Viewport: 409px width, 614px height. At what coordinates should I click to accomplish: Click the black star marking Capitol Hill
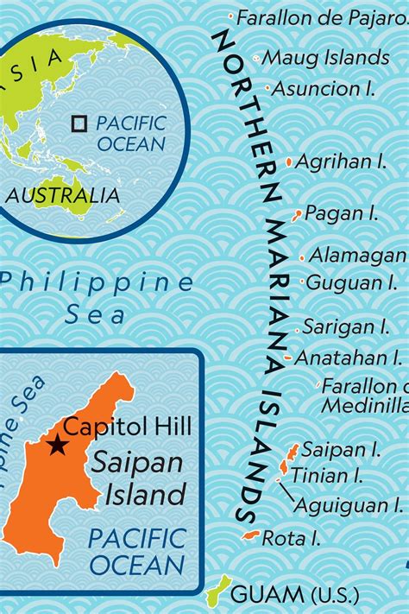point(57,445)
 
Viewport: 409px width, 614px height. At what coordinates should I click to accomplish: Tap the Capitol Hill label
point(129,426)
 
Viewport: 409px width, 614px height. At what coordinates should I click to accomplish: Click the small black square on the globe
point(79,123)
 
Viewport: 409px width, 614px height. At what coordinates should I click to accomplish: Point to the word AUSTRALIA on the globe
point(64,195)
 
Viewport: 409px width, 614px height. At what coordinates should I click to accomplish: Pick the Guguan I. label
point(352,282)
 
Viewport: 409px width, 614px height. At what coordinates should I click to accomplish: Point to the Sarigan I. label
point(346,326)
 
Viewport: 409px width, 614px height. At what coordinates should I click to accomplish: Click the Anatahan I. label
point(349,357)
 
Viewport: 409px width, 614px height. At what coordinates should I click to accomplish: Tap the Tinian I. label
point(327,475)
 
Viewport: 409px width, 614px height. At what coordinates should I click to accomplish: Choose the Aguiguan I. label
point(349,504)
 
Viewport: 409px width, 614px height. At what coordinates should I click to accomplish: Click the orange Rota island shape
point(251,536)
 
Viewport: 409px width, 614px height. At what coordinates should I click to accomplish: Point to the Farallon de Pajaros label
point(321,16)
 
